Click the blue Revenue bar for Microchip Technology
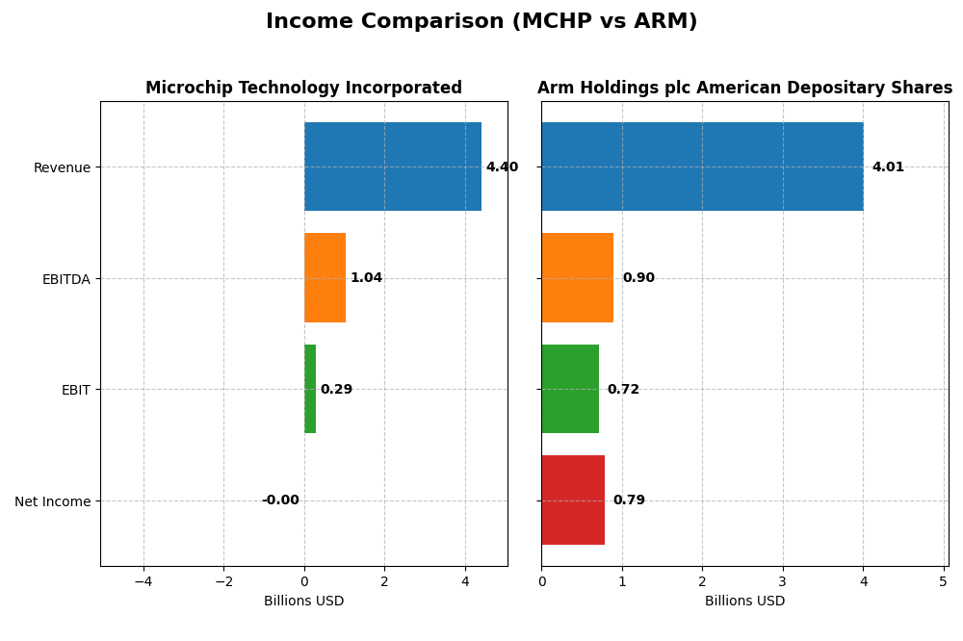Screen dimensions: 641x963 click(x=392, y=167)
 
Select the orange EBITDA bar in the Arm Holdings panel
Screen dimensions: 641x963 click(x=577, y=277)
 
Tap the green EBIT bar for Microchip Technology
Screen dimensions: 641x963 click(x=310, y=389)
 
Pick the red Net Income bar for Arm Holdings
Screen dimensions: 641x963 click(x=573, y=500)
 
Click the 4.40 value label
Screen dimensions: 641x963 click(x=502, y=167)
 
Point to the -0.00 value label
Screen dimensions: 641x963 click(x=280, y=500)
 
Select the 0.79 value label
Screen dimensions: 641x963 click(x=629, y=500)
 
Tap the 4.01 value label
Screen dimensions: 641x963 click(x=888, y=167)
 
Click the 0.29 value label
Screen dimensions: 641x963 click(x=336, y=390)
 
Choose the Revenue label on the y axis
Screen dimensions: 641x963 click(x=62, y=168)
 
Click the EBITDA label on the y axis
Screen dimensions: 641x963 click(x=65, y=279)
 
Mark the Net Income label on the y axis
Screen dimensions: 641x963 click(x=52, y=501)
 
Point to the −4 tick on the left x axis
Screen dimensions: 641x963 click(x=143, y=581)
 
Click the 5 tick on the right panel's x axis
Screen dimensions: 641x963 click(x=944, y=581)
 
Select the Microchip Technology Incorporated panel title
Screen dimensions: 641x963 click(x=303, y=89)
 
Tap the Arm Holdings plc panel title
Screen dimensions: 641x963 click(x=744, y=89)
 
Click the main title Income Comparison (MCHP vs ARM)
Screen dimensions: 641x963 click(x=481, y=22)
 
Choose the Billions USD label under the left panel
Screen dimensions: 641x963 click(x=303, y=602)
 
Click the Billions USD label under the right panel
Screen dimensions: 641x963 click(x=744, y=602)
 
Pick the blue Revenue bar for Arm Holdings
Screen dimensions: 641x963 click(x=702, y=167)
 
